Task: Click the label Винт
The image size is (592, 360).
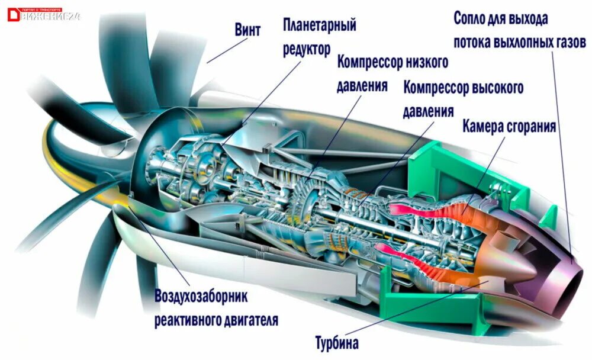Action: (x=247, y=30)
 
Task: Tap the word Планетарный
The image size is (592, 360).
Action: (x=319, y=25)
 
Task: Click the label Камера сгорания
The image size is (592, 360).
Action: (x=509, y=126)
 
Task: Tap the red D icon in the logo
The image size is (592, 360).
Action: (x=13, y=15)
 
